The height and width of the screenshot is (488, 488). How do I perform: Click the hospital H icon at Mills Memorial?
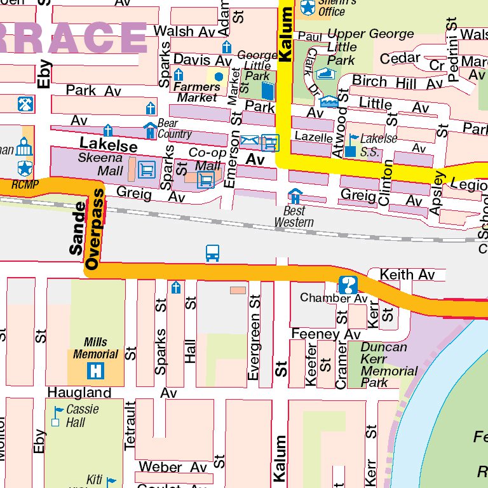click(x=95, y=370)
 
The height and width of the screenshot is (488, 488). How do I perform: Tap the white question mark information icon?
click(x=348, y=285)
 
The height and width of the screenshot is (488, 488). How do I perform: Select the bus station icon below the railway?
click(x=213, y=254)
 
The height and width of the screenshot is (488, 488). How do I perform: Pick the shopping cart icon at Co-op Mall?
click(x=205, y=180)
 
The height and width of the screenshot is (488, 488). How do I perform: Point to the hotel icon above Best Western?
click(x=295, y=196)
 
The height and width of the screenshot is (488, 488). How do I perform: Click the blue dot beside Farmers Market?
click(x=219, y=77)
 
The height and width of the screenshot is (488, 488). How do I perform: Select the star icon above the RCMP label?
click(x=24, y=168)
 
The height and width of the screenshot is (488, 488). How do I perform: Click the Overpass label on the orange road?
click(x=95, y=229)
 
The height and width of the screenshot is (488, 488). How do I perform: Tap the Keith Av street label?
click(x=407, y=274)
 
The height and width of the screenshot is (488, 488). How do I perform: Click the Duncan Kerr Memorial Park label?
click(x=388, y=365)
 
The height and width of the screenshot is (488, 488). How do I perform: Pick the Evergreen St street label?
click(x=254, y=337)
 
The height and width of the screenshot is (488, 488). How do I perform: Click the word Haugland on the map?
click(x=79, y=393)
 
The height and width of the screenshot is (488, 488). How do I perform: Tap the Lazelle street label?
click(x=314, y=137)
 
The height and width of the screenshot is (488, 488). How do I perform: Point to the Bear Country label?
click(x=174, y=128)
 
